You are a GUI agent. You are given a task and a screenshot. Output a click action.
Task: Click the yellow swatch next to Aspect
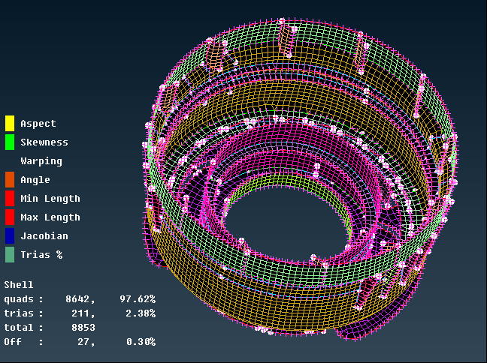pyautogui.click(x=10, y=123)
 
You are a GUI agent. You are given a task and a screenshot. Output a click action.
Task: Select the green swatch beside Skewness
pyautogui.click(x=10, y=142)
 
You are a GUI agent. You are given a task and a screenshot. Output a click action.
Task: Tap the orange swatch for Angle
pyautogui.click(x=10, y=179)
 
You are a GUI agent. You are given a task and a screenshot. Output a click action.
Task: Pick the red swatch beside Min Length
pyautogui.click(x=10, y=198)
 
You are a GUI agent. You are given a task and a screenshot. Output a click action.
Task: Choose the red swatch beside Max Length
pyautogui.click(x=10, y=217)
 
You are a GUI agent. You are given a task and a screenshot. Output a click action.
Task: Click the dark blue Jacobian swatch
pyautogui.click(x=10, y=235)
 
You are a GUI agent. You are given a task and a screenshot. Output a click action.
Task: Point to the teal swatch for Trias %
pyautogui.click(x=10, y=254)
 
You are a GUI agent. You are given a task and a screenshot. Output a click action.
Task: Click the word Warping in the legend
pyautogui.click(x=41, y=161)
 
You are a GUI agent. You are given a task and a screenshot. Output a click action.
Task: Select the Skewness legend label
pyautogui.click(x=44, y=142)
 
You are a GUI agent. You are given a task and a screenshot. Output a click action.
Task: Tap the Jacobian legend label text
pyautogui.click(x=44, y=236)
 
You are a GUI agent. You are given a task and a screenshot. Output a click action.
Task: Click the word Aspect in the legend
pyautogui.click(x=38, y=124)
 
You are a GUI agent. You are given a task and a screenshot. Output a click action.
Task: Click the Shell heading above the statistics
pyautogui.click(x=19, y=285)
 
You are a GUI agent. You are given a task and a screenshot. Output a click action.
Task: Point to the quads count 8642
pyautogui.click(x=80, y=299)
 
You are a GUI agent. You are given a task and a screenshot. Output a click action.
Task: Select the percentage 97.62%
pyautogui.click(x=138, y=299)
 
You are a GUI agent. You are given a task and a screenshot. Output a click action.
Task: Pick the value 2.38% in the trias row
pyautogui.click(x=141, y=313)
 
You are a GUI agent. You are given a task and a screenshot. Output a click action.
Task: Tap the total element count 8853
pyautogui.click(x=80, y=328)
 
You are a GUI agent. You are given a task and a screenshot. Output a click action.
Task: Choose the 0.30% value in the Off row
pyautogui.click(x=141, y=342)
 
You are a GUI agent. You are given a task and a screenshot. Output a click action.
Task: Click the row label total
pyautogui.click(x=19, y=328)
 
